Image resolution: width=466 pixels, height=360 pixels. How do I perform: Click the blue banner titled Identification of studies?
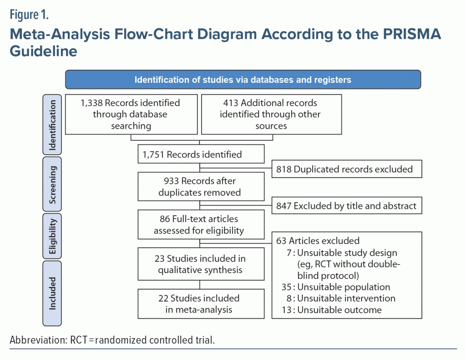[x=243, y=79]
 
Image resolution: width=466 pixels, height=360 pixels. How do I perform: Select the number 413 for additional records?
[x=231, y=103]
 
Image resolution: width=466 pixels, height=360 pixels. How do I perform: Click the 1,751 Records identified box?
[x=201, y=154]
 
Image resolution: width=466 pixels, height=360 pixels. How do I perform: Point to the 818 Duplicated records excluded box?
[x=347, y=169]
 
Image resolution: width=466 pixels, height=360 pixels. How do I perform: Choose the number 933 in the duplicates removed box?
[x=171, y=181]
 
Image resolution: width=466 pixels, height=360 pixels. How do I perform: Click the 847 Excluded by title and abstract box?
[x=347, y=205]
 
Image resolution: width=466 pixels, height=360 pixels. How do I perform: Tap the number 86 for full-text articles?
[x=165, y=219]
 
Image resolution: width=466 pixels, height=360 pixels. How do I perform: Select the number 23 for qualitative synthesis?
[x=160, y=259]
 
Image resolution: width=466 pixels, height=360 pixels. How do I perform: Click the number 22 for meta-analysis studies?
[x=163, y=298]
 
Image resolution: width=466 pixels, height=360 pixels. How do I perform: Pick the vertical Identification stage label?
[x=52, y=125]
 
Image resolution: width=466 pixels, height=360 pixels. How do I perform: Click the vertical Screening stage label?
[x=52, y=184]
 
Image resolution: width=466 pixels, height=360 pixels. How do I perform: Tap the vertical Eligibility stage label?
[x=52, y=236]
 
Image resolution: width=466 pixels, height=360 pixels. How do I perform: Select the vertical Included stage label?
[x=52, y=294]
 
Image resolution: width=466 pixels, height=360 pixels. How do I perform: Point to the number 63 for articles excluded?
[x=281, y=240]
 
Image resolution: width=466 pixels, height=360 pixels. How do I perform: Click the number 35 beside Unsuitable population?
[x=287, y=287]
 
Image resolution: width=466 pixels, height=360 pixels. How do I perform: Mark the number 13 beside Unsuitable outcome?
[x=287, y=310]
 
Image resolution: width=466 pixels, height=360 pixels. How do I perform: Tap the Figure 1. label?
[x=29, y=15]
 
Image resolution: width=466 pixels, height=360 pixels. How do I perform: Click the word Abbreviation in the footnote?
[x=39, y=340]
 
